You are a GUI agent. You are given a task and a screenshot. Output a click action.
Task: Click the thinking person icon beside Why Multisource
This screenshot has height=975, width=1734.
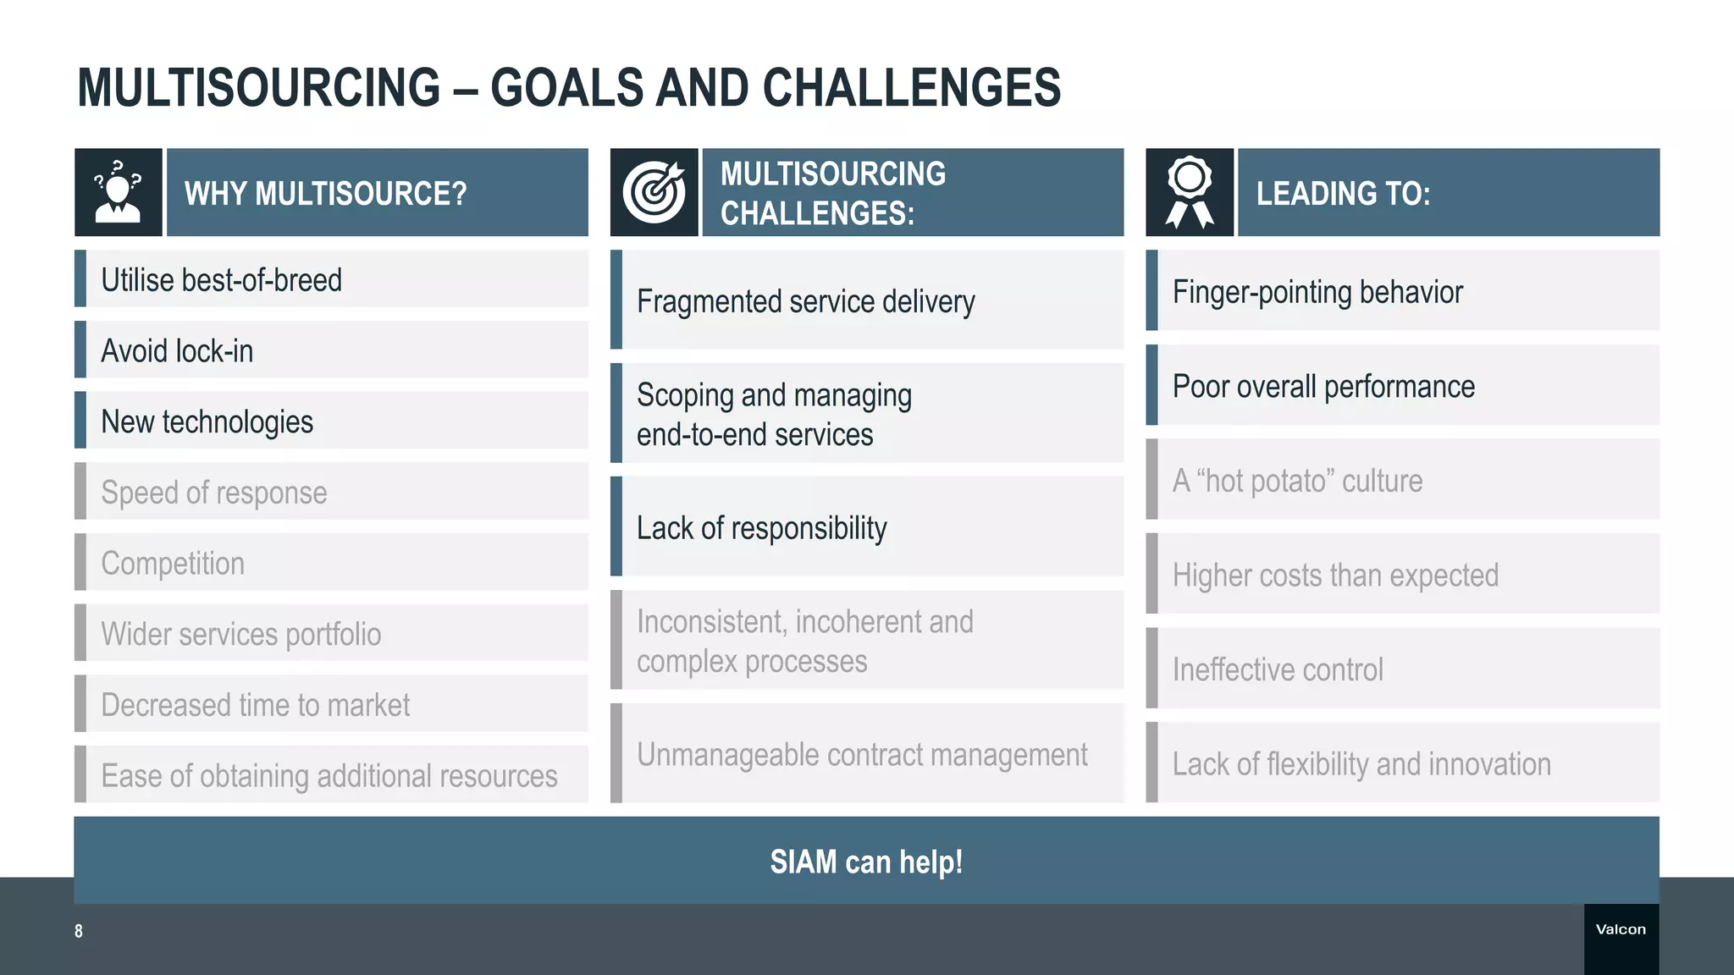(118, 192)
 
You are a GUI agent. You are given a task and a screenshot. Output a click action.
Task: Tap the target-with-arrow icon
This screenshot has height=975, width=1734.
(654, 192)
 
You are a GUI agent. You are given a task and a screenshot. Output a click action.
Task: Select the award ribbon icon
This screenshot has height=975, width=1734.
(1189, 192)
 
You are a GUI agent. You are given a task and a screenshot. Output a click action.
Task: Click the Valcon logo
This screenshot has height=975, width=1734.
(1621, 929)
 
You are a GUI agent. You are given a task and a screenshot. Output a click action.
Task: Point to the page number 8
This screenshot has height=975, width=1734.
(79, 931)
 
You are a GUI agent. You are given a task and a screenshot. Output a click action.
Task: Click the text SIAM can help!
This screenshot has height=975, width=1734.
(866, 862)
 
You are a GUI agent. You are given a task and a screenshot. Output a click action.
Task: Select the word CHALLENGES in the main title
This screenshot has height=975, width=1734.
(911, 88)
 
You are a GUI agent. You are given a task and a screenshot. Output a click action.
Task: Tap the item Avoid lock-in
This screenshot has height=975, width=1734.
(177, 350)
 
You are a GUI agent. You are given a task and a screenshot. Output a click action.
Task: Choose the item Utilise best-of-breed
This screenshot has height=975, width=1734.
(221, 280)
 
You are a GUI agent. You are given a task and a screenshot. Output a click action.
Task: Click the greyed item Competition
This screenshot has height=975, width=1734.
(173, 563)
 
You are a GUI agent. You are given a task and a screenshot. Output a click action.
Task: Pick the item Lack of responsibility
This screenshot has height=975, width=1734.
(761, 528)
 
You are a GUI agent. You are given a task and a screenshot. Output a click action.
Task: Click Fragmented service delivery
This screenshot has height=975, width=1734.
(805, 301)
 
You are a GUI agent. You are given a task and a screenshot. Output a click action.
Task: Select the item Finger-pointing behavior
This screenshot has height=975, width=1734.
(1317, 292)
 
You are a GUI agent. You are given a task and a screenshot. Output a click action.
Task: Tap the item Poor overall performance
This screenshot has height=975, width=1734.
(1323, 387)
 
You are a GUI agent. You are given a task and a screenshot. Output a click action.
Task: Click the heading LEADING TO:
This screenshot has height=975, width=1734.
(1343, 194)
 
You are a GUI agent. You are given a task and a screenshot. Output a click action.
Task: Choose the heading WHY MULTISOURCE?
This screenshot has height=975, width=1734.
(325, 194)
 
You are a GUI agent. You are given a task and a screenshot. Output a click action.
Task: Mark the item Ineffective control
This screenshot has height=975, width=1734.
(1278, 669)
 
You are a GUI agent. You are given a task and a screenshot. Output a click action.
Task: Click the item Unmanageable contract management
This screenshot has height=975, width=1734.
(862, 754)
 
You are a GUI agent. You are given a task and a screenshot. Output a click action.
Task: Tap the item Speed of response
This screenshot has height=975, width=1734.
(213, 492)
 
